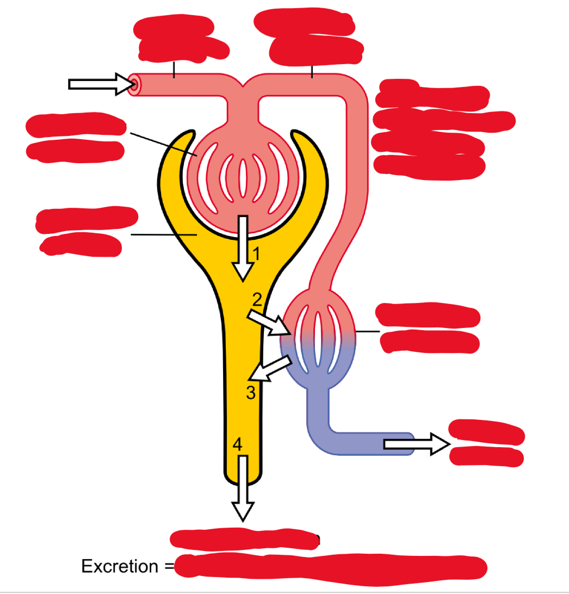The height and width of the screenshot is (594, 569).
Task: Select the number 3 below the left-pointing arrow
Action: [x=251, y=392]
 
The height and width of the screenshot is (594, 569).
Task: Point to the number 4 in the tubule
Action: [x=237, y=444]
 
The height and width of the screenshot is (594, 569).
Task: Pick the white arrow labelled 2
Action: [x=269, y=322]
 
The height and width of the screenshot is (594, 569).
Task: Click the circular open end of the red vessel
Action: [x=134, y=84]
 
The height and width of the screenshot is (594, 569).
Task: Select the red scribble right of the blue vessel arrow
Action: [x=487, y=443]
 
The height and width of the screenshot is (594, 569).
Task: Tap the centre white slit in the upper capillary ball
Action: [x=243, y=180]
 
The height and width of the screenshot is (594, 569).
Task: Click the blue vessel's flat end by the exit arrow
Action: [x=411, y=444]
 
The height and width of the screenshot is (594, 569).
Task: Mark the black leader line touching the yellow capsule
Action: [x=163, y=234]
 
